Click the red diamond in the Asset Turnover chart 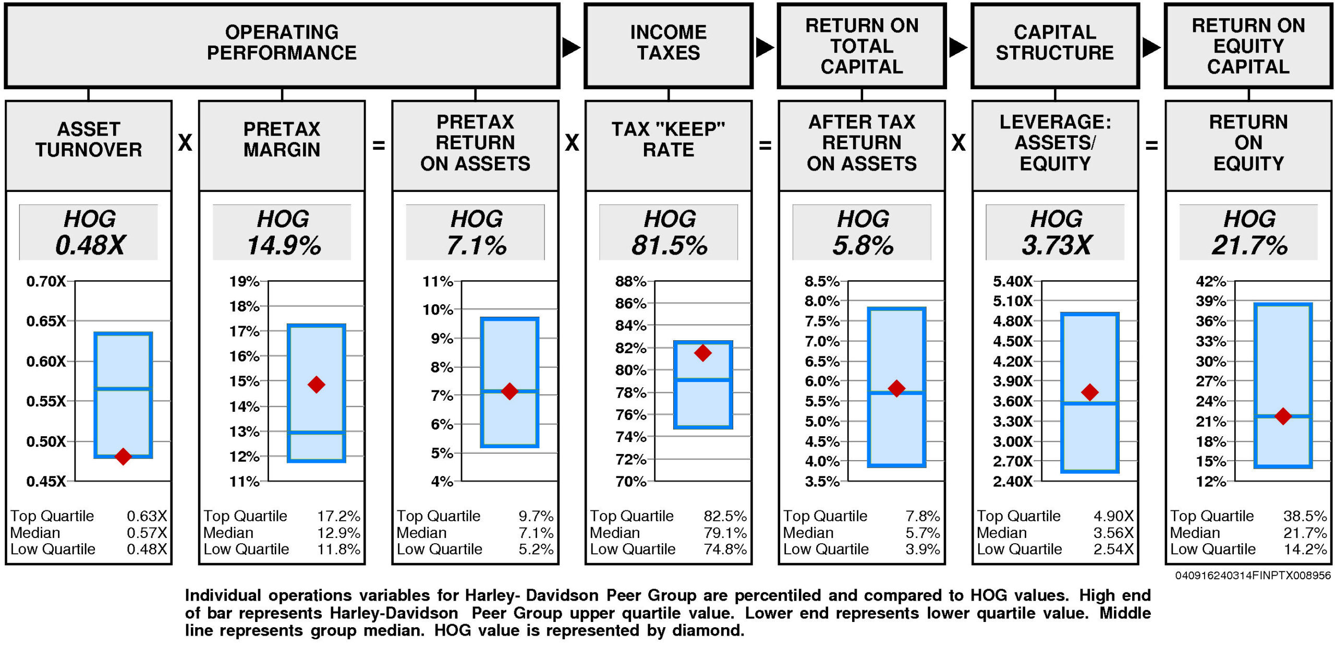(123, 456)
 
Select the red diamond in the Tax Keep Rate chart (702, 353)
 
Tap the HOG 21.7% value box (1248, 232)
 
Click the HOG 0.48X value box (89, 232)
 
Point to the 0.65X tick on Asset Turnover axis (46, 321)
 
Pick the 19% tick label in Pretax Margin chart (244, 282)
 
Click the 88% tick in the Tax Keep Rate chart (630, 282)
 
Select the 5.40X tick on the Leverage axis (1012, 282)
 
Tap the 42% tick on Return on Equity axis (1210, 282)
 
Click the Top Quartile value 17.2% (339, 516)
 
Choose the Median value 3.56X (1113, 533)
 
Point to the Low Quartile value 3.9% (923, 549)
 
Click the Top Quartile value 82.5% (725, 516)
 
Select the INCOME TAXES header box (669, 45)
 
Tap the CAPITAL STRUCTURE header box (1054, 45)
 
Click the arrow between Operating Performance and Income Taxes (571, 47)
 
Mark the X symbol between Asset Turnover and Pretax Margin (185, 142)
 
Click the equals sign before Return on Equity (1151, 145)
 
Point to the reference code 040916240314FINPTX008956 (1253, 576)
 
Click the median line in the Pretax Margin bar (316, 432)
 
